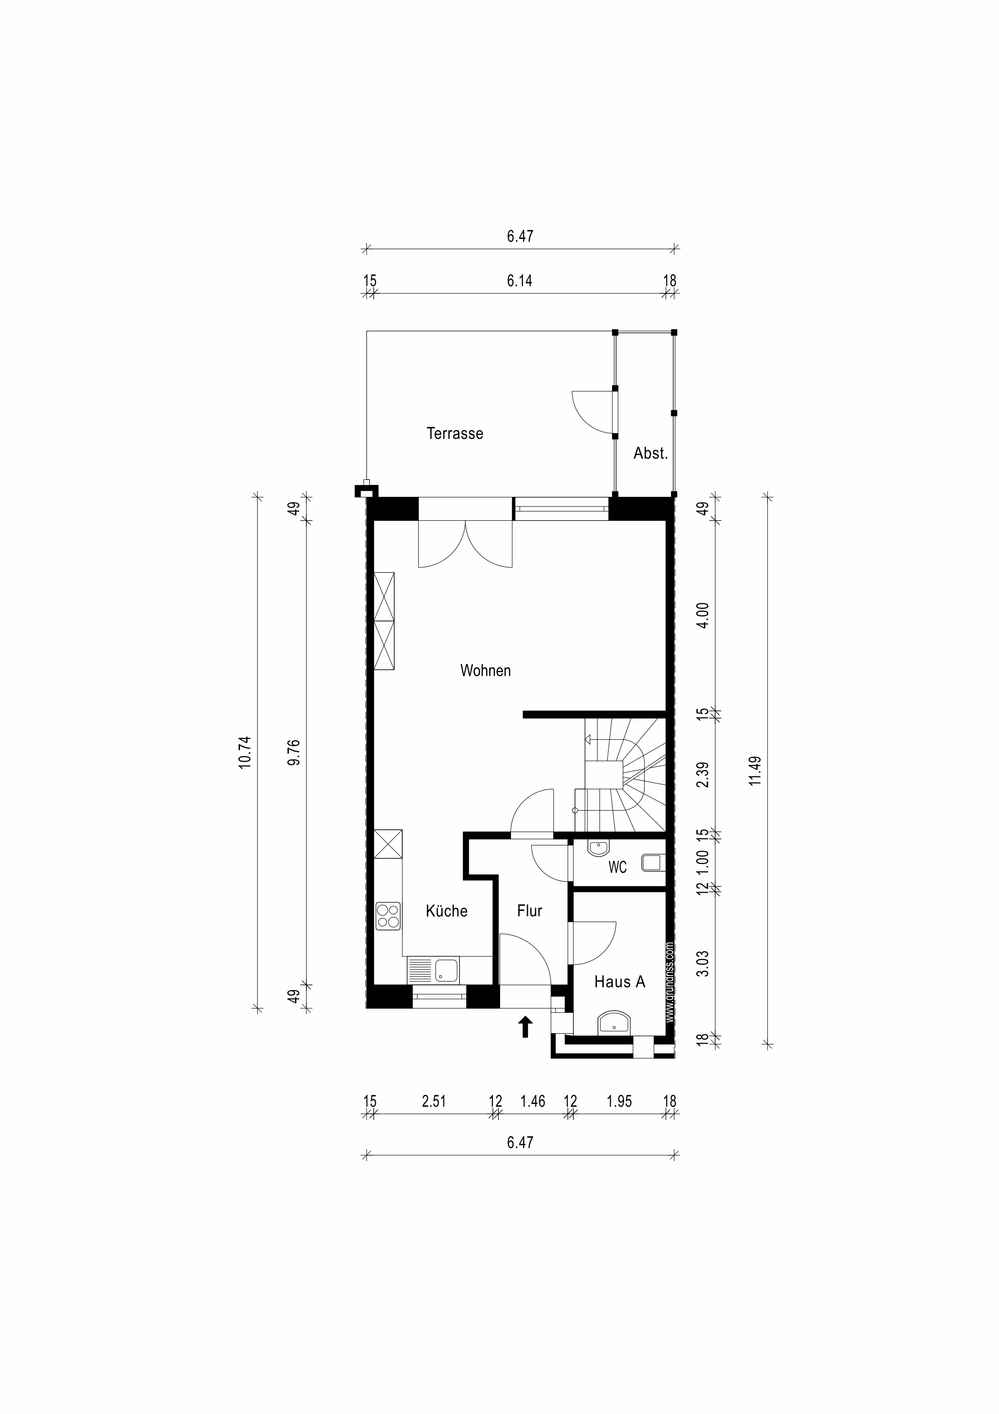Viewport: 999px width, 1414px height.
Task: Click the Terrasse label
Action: pyautogui.click(x=455, y=434)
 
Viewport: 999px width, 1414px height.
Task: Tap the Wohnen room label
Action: pyautogui.click(x=486, y=671)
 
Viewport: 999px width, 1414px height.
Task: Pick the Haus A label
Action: pyautogui.click(x=620, y=982)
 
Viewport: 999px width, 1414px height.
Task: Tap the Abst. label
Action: pyautogui.click(x=651, y=454)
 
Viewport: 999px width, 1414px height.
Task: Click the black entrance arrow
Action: pyautogui.click(x=525, y=1027)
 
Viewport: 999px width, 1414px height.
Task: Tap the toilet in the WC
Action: pyautogui.click(x=654, y=862)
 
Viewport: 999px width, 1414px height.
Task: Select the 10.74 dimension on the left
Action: pyautogui.click(x=245, y=752)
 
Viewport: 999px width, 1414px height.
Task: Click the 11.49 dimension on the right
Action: pyautogui.click(x=756, y=770)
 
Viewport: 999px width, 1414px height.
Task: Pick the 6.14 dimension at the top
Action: pyautogui.click(x=519, y=281)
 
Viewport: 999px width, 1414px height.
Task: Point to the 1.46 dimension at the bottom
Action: pyautogui.click(x=533, y=1101)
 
